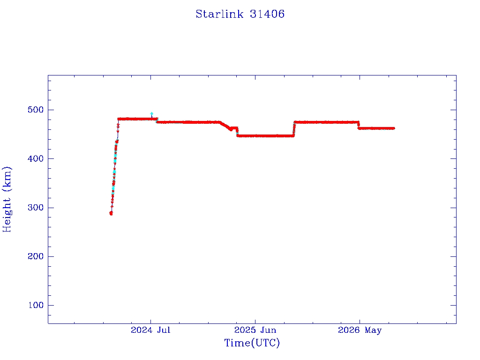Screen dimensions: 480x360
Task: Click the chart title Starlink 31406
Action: pos(240,14)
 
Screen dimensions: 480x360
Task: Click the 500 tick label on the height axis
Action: pos(36,110)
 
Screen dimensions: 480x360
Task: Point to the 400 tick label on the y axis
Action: pos(36,158)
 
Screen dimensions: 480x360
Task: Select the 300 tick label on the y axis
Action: pos(36,208)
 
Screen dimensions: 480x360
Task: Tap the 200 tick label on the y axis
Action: pos(36,256)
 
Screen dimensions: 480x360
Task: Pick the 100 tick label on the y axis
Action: pos(36,305)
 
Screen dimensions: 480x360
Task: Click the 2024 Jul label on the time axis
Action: pos(150,330)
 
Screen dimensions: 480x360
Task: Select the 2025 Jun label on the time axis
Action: pos(255,330)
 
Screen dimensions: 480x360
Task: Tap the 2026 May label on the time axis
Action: pos(360,330)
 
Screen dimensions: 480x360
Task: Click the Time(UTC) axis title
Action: pos(252,343)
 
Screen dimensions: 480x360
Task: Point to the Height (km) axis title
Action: pos(7,199)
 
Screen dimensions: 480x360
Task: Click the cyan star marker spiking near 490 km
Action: pos(151,113)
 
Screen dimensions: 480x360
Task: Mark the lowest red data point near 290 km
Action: pos(111,213)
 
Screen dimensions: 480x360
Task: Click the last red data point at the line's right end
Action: pos(393,128)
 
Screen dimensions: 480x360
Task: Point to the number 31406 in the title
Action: pos(267,14)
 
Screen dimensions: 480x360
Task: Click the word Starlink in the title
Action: pos(219,14)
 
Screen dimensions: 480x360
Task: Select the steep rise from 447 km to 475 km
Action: pos(294,129)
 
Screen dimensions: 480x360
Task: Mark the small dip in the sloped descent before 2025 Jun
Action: pos(231,129)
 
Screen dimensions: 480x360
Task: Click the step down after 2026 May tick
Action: pos(359,125)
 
